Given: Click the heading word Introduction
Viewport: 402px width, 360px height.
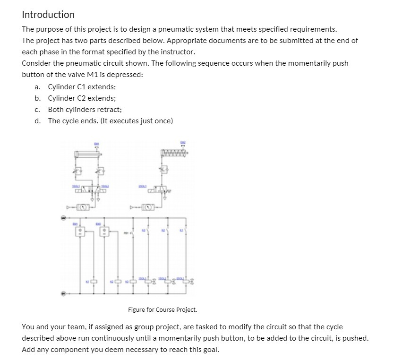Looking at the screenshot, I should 48,15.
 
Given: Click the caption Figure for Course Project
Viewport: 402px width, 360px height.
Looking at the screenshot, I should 162,310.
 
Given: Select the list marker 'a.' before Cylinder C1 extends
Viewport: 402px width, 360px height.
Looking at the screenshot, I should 37,87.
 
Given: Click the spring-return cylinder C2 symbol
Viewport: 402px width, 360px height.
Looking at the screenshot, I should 174,152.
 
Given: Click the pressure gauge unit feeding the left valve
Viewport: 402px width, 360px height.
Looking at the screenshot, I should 83,206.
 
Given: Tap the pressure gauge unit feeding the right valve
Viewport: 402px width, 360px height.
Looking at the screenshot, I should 147,206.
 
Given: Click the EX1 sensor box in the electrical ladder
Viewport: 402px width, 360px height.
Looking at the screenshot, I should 80,231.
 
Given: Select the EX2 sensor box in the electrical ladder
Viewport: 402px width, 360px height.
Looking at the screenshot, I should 105,231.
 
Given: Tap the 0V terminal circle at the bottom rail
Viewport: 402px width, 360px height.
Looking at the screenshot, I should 63,293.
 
